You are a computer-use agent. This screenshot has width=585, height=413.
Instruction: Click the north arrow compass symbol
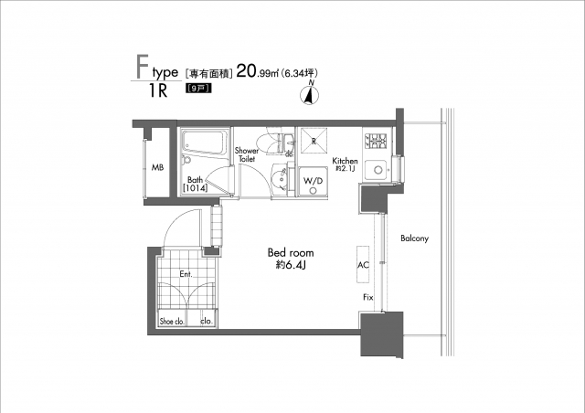pyautogui.click(x=310, y=92)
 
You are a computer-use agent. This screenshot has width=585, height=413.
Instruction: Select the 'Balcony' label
pyautogui.click(x=414, y=238)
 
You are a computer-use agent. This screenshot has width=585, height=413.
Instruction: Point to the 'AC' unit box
pyautogui.click(x=363, y=263)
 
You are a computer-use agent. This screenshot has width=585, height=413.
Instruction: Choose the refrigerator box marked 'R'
pyautogui.click(x=313, y=143)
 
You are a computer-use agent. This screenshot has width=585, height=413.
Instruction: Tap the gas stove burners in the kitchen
pyautogui.click(x=377, y=142)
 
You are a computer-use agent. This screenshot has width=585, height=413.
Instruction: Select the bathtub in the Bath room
pyautogui.click(x=204, y=143)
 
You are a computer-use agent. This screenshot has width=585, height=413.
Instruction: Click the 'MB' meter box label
pyautogui.click(x=157, y=168)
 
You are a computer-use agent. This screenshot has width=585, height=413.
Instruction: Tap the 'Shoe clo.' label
pyautogui.click(x=172, y=322)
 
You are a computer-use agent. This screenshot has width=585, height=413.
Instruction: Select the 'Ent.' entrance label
pyautogui.click(x=185, y=273)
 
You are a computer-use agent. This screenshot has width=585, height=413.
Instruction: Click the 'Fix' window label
pyautogui.click(x=367, y=299)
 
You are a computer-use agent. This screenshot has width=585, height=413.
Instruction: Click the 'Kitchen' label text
pyautogui.click(x=345, y=161)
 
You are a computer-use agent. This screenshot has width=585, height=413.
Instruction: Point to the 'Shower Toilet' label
pyautogui.click(x=247, y=154)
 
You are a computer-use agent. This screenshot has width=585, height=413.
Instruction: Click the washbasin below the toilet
pyautogui.click(x=281, y=177)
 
